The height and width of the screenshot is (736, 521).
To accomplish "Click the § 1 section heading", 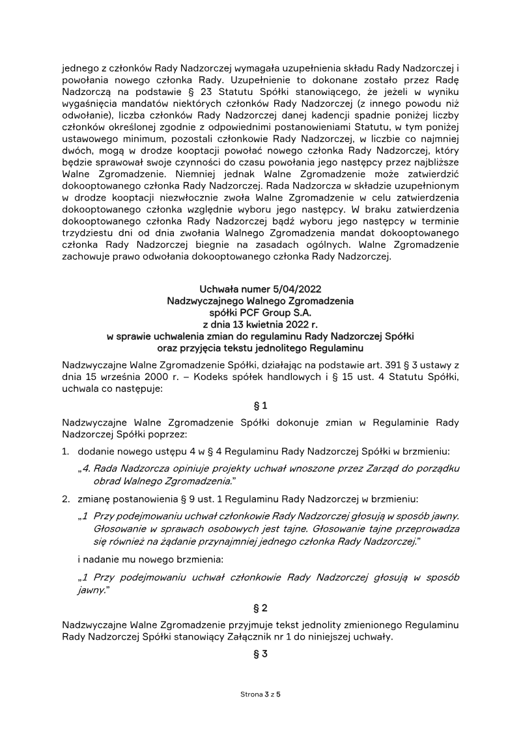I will (260, 405).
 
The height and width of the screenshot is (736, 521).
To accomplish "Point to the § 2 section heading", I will (260, 608).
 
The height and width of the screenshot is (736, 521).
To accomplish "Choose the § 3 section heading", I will (260, 653).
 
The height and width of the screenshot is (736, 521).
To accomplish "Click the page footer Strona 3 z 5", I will (260, 695).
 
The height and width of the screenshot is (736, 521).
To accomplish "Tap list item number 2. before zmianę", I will (66, 499).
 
